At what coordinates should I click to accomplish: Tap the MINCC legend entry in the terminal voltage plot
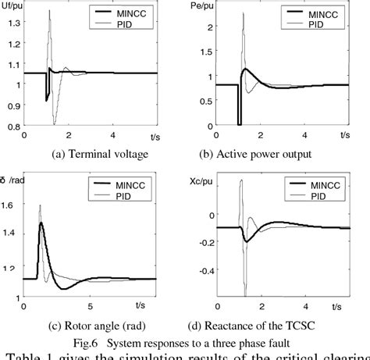point(126,14)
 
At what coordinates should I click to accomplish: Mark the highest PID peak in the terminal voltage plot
point(51,12)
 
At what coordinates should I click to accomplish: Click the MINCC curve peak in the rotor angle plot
point(41,223)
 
